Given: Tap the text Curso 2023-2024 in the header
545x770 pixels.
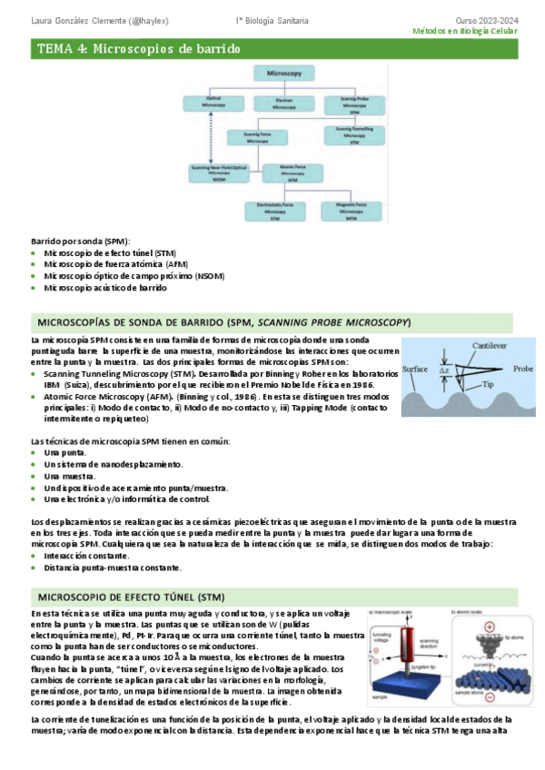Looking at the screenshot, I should pos(486,19).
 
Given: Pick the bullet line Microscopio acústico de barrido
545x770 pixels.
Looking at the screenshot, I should pos(104,287).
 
